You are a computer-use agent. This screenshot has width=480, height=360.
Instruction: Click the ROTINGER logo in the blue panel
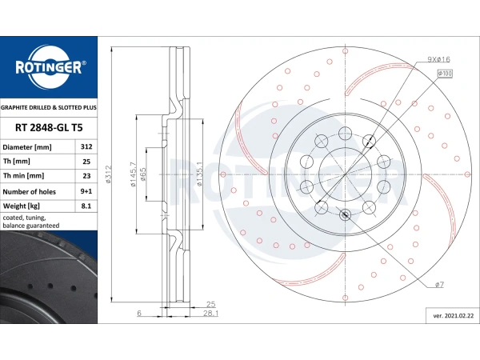click(x=49, y=67)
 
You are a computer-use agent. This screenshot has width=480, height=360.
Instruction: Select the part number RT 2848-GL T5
click(x=49, y=128)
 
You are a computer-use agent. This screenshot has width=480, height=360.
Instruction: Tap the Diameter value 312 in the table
click(x=86, y=146)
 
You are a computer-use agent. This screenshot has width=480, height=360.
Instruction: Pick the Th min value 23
click(x=86, y=176)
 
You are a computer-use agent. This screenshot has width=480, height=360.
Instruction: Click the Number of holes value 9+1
click(x=86, y=191)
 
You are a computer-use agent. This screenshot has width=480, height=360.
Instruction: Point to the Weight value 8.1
click(x=86, y=206)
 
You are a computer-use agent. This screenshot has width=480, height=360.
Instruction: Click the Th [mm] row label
click(x=17, y=162)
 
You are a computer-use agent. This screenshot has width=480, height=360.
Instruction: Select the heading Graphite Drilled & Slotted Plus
click(x=49, y=107)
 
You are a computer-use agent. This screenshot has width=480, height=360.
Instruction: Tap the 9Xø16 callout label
click(x=438, y=59)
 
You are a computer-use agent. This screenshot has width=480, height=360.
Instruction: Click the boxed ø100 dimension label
click(x=445, y=74)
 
